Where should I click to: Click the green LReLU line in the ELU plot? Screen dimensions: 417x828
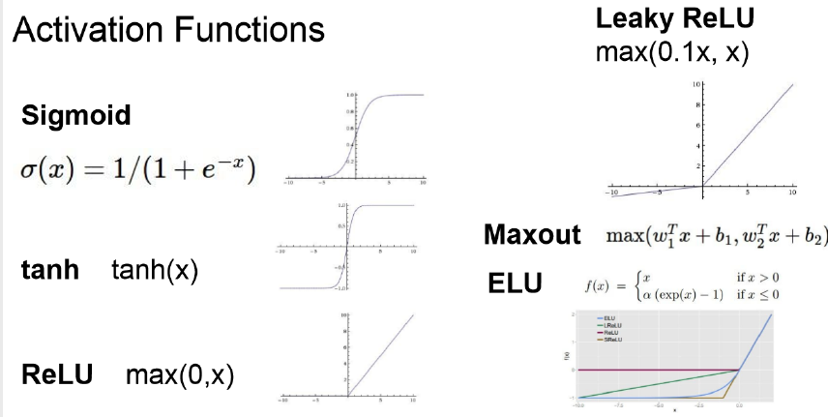[x=658, y=384]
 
